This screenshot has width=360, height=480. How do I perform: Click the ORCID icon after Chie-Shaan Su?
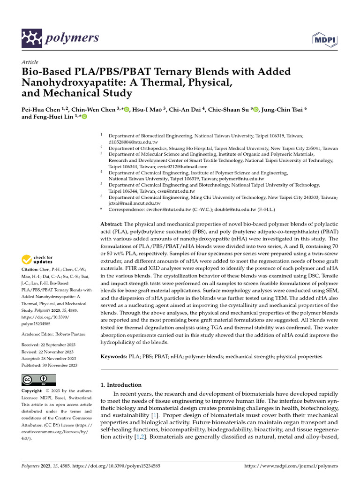pyautogui.click(x=255, y=109)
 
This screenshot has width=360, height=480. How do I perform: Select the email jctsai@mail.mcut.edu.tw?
pyautogui.click(x=135, y=203)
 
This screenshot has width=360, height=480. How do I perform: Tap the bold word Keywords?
pyautogui.click(x=114, y=356)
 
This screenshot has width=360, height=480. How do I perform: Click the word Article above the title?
pyautogui.click(x=30, y=62)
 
